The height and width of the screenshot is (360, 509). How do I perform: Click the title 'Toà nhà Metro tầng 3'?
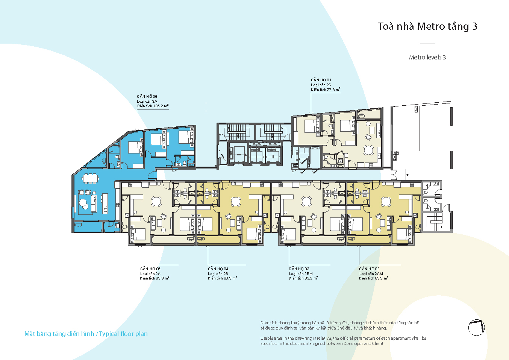click(x=427, y=26)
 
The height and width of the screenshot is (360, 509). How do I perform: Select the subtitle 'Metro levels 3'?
click(x=427, y=57)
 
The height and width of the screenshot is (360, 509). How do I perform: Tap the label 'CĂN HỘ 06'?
click(x=147, y=96)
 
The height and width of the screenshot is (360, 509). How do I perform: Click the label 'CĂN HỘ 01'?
click(x=321, y=80)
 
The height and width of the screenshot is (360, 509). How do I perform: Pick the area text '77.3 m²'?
click(x=333, y=90)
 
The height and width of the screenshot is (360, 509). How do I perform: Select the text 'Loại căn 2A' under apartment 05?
click(x=150, y=273)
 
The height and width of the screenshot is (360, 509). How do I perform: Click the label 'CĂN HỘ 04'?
click(x=218, y=269)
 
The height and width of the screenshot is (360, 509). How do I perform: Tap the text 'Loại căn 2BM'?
click(x=301, y=273)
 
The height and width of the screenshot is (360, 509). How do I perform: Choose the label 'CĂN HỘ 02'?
click(x=369, y=269)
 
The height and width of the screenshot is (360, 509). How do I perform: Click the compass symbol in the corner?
click(x=477, y=328)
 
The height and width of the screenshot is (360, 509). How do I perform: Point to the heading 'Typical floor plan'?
click(x=123, y=334)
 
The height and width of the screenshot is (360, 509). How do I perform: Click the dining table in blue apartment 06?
click(x=91, y=178)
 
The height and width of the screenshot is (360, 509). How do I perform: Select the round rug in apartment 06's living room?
click(x=83, y=202)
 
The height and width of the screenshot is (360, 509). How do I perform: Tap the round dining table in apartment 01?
click(x=368, y=150)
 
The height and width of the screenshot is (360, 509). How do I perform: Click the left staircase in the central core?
click(x=236, y=132)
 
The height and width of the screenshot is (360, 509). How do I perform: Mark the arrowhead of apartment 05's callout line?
click(x=140, y=246)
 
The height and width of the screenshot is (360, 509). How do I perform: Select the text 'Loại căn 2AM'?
click(x=371, y=273)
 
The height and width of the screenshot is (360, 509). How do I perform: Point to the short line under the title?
click(x=427, y=44)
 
